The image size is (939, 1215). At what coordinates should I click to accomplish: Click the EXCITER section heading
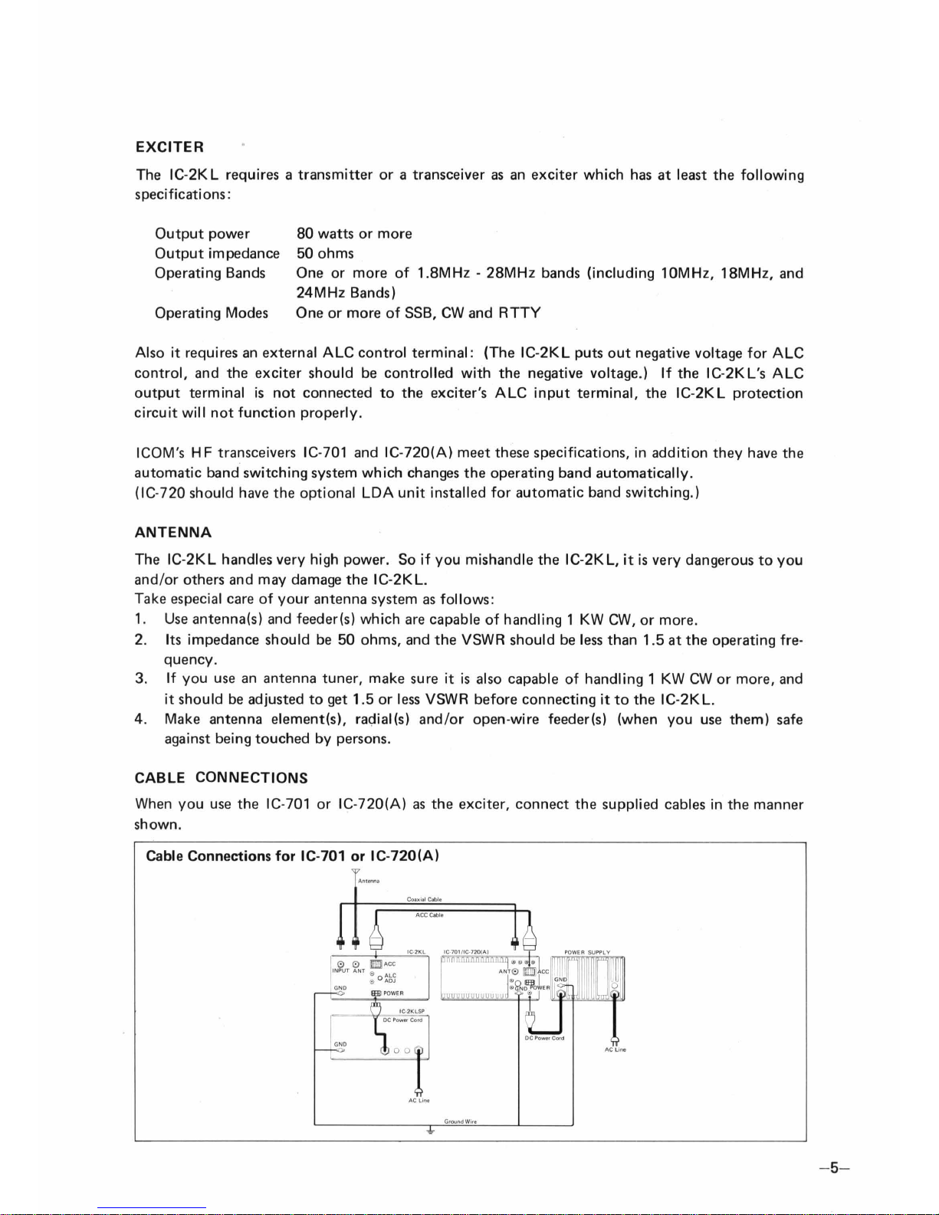click(169, 146)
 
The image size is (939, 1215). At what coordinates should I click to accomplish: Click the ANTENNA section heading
click(173, 532)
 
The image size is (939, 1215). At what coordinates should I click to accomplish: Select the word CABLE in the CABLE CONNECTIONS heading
click(160, 778)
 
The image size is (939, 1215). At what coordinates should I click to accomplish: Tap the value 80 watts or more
click(354, 234)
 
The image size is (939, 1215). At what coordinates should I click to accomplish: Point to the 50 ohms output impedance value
click(325, 254)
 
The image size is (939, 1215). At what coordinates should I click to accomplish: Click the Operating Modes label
click(212, 313)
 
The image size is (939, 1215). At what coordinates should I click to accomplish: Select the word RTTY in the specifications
click(520, 313)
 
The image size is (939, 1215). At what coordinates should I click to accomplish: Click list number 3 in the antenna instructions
click(140, 679)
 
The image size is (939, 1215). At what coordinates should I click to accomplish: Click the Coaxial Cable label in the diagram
click(424, 899)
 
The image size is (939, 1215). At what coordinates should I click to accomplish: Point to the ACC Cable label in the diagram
click(429, 915)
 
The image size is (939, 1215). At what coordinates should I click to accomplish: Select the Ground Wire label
click(461, 1121)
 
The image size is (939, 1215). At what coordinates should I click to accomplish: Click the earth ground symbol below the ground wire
click(430, 1131)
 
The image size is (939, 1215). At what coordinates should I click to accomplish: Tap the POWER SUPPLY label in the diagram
click(586, 952)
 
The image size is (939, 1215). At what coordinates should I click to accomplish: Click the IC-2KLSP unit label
click(412, 1012)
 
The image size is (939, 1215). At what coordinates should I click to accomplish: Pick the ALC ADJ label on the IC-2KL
click(389, 977)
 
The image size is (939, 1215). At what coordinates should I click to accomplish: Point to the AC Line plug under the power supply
click(614, 1041)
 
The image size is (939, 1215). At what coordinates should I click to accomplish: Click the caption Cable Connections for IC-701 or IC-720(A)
click(292, 855)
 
